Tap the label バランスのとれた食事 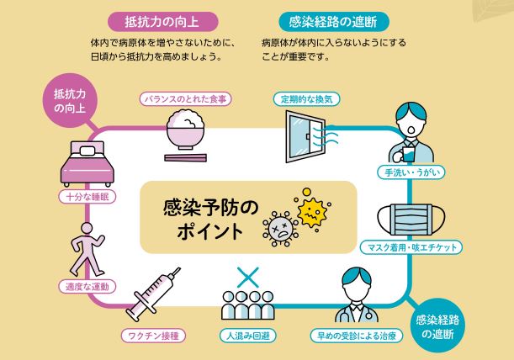point(186,99)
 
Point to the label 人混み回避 point(248,335)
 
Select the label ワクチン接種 point(152,335)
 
